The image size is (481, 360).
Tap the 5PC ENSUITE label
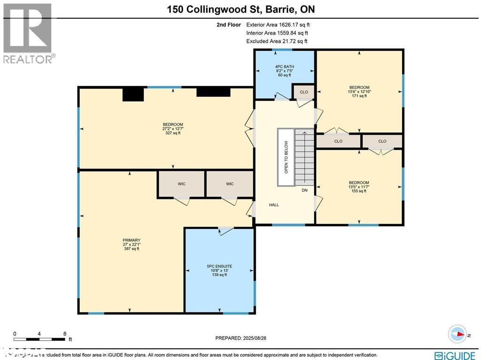[219, 266]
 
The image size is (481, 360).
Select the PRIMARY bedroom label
[131, 240]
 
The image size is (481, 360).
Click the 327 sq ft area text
[172, 133]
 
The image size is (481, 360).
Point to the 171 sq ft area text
[359, 96]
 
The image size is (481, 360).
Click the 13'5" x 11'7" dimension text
[358, 187]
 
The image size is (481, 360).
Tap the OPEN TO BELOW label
[286, 157]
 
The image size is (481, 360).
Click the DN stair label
[305, 190]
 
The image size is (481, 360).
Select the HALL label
[274, 205]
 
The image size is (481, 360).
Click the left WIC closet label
[181, 184]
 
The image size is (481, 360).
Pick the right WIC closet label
[230, 184]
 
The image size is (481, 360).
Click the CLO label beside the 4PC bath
[304, 92]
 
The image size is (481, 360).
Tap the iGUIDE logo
[453, 355]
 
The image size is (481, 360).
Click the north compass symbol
[457, 334]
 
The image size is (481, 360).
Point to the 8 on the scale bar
[64, 334]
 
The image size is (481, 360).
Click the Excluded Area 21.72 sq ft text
[277, 41]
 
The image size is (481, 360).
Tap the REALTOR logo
[28, 33]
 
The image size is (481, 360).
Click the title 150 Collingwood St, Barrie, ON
[240, 9]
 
